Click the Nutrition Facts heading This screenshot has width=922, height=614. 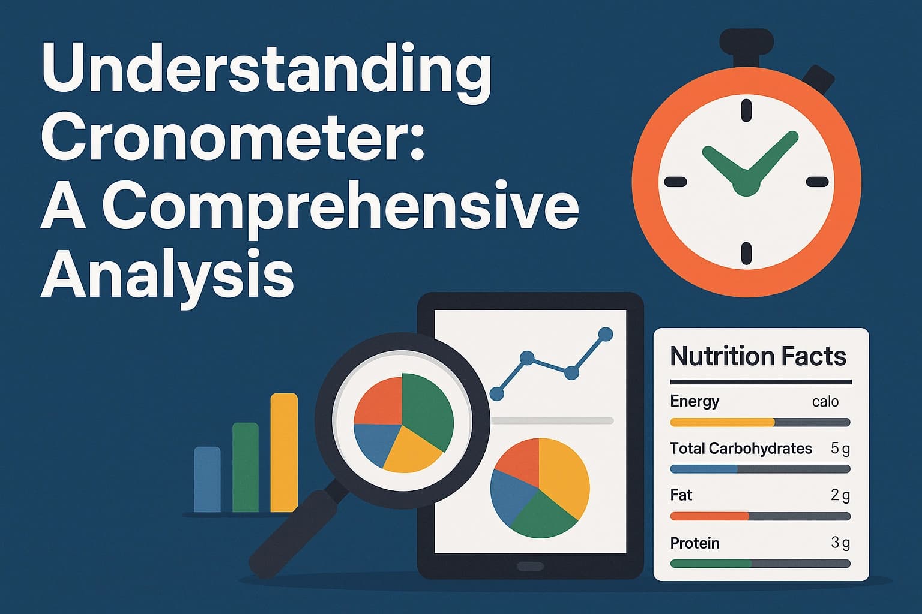click(758, 356)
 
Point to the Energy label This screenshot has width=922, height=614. click(695, 401)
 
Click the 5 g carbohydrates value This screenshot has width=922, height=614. click(840, 448)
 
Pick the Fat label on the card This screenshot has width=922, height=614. click(681, 495)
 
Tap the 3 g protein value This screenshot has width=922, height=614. click(840, 543)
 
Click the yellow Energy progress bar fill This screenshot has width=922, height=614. click(722, 422)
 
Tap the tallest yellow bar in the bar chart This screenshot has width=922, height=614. click(284, 453)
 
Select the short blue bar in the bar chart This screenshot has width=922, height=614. click(207, 479)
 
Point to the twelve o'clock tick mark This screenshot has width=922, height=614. click(746, 110)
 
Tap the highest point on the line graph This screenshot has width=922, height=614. click(606, 334)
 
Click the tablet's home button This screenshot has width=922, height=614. click(530, 566)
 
